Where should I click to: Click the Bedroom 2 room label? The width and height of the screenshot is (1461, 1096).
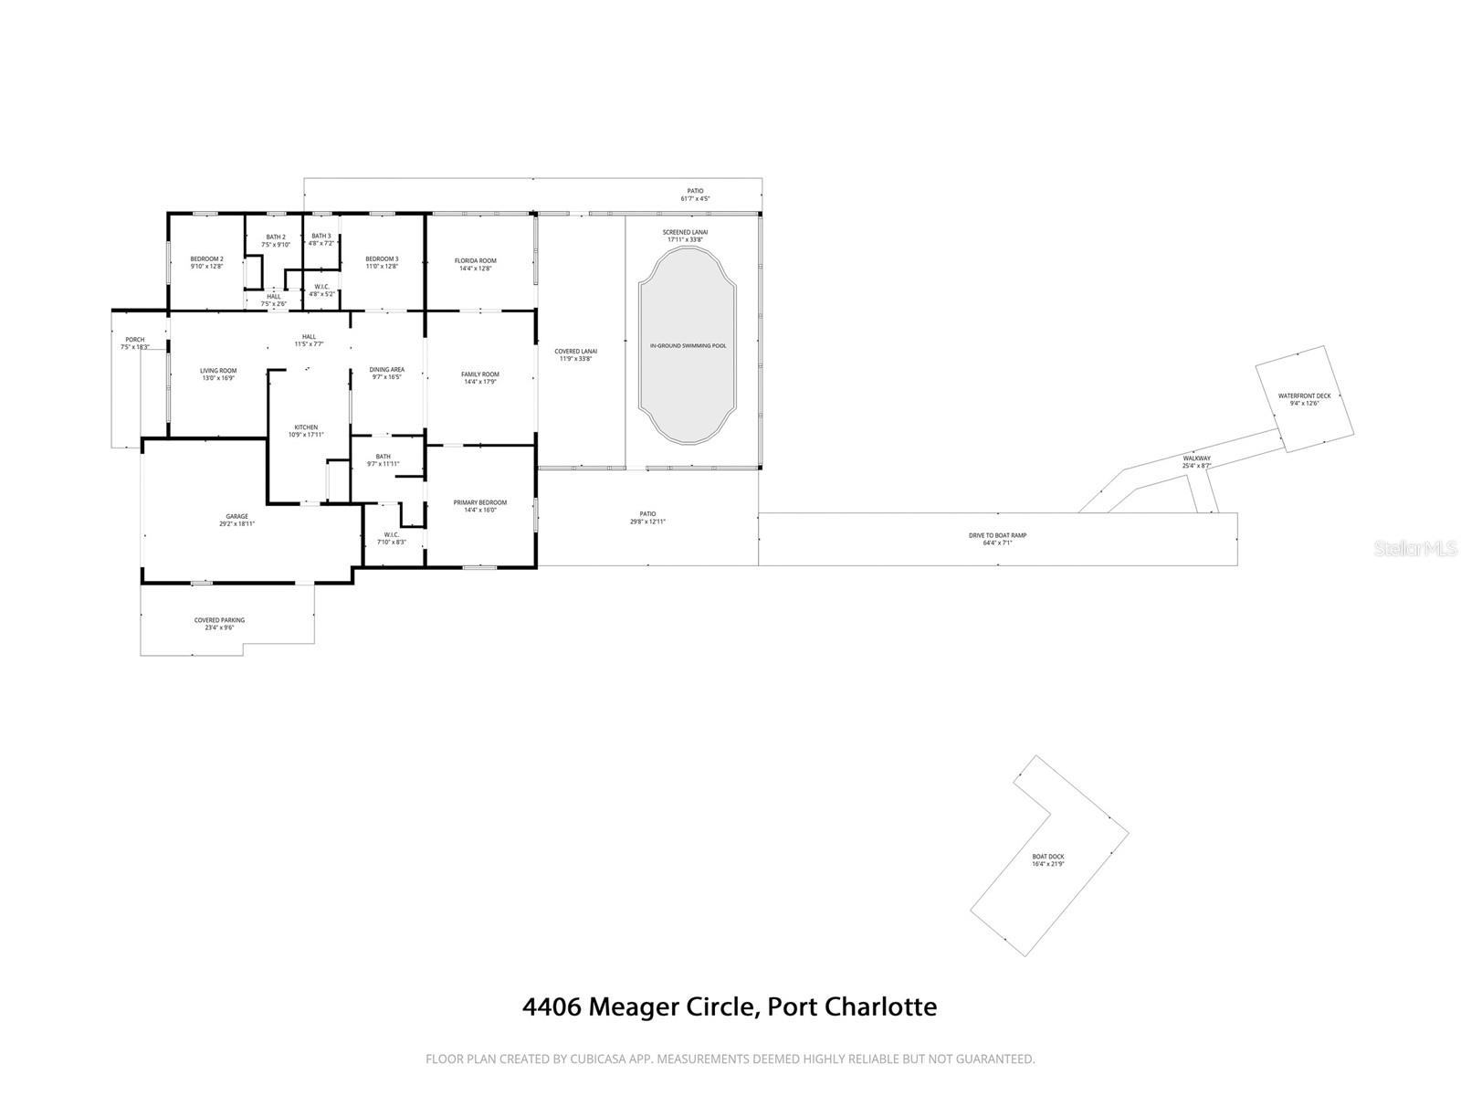(x=206, y=258)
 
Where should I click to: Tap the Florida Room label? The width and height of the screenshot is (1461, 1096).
(x=475, y=260)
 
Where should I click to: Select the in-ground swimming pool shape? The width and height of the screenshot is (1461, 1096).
(x=688, y=346)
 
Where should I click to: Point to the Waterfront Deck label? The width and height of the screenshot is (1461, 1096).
(x=1304, y=395)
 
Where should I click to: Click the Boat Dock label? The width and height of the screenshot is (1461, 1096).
(x=1048, y=856)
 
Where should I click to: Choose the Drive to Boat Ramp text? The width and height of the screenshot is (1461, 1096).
(x=997, y=535)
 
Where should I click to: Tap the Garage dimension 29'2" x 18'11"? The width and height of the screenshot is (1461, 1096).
(x=236, y=524)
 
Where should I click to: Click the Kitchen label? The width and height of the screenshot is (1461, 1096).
(x=306, y=427)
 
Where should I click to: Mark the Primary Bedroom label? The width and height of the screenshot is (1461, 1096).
(x=479, y=502)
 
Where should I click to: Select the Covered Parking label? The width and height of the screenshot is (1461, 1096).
(x=219, y=620)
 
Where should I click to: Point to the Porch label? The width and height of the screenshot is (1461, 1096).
(x=135, y=340)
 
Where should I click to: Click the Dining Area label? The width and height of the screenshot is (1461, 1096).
(x=386, y=370)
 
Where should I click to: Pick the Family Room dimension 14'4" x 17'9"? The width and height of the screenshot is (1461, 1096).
(x=479, y=382)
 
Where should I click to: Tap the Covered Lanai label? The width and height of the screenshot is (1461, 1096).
(x=575, y=351)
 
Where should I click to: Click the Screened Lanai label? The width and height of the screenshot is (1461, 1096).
(x=685, y=232)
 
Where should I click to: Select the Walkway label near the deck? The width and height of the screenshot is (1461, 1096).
(x=1196, y=458)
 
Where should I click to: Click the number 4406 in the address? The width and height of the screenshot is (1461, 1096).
(x=551, y=1006)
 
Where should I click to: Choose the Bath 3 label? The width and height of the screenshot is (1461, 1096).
(x=321, y=236)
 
